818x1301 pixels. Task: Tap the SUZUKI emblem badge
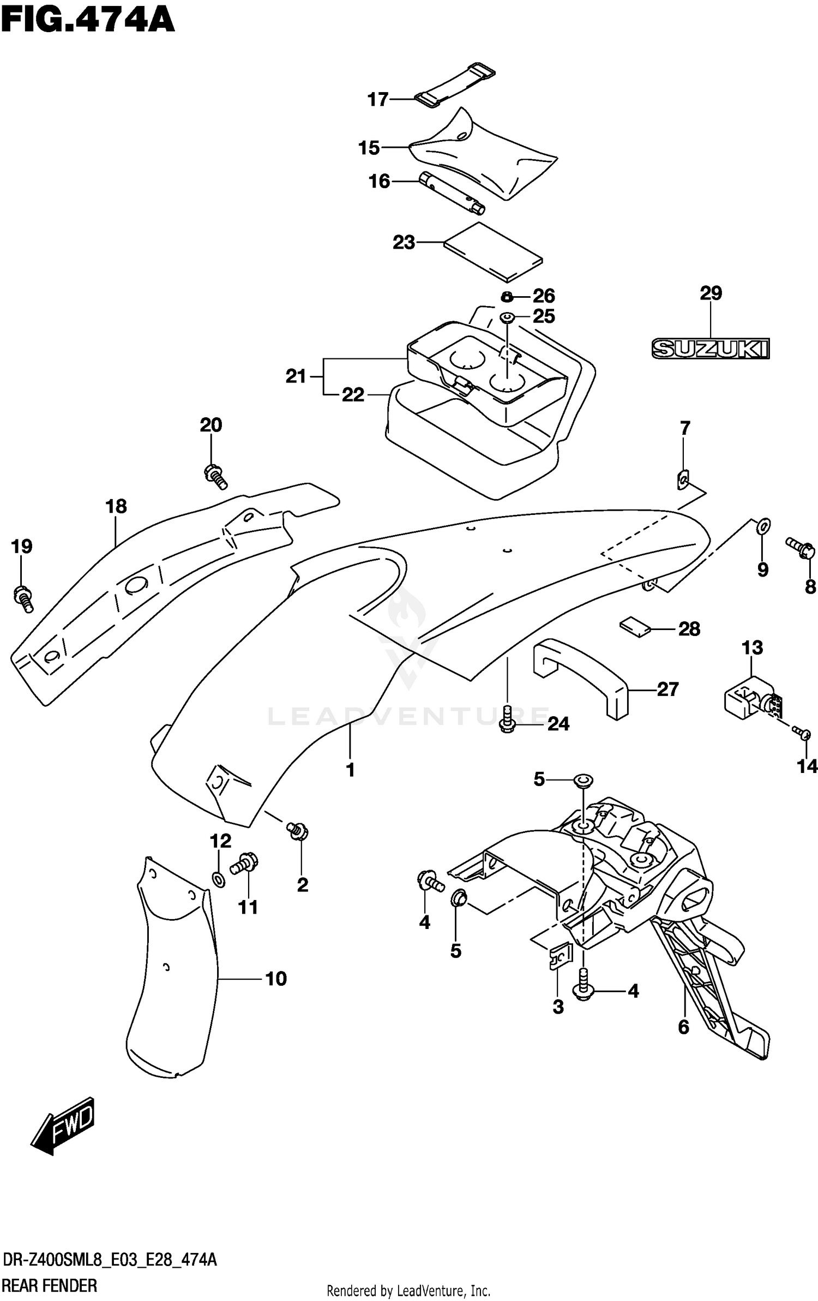[x=710, y=349]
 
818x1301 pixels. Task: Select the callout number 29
[x=711, y=293]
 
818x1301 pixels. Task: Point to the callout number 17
[x=378, y=99]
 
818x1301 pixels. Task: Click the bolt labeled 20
[x=215, y=476]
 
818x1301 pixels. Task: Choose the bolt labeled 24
[x=507, y=719]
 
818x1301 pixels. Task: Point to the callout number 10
[x=276, y=979]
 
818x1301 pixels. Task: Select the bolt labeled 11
[x=244, y=863]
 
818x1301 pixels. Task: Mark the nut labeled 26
[x=507, y=297]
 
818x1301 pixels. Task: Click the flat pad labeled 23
[x=492, y=252]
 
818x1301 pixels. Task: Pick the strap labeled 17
[x=454, y=86]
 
